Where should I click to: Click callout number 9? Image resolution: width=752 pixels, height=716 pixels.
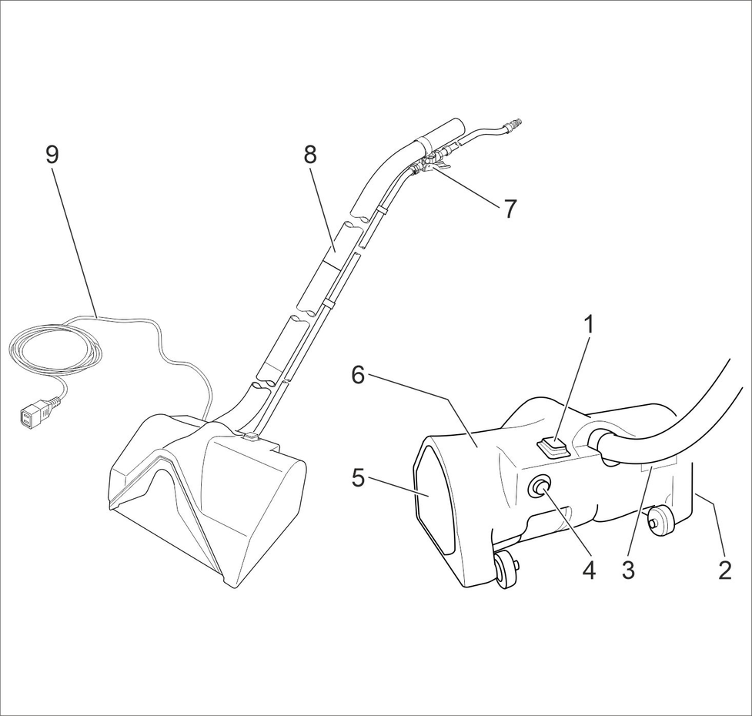(52, 155)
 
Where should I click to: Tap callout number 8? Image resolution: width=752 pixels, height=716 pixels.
(309, 155)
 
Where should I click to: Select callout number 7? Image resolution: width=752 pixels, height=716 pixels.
(510, 209)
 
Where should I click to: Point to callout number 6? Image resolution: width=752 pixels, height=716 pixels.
(357, 375)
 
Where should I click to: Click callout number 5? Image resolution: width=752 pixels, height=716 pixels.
(357, 477)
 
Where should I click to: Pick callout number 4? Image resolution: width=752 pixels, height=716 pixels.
(588, 570)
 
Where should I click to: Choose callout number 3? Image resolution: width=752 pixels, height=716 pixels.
(628, 570)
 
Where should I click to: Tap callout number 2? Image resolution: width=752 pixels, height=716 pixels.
(724, 570)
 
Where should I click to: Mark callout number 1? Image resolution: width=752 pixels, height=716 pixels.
(589, 324)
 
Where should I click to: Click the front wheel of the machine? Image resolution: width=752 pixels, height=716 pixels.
(506, 570)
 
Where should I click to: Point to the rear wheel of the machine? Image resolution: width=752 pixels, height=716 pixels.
(660, 523)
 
